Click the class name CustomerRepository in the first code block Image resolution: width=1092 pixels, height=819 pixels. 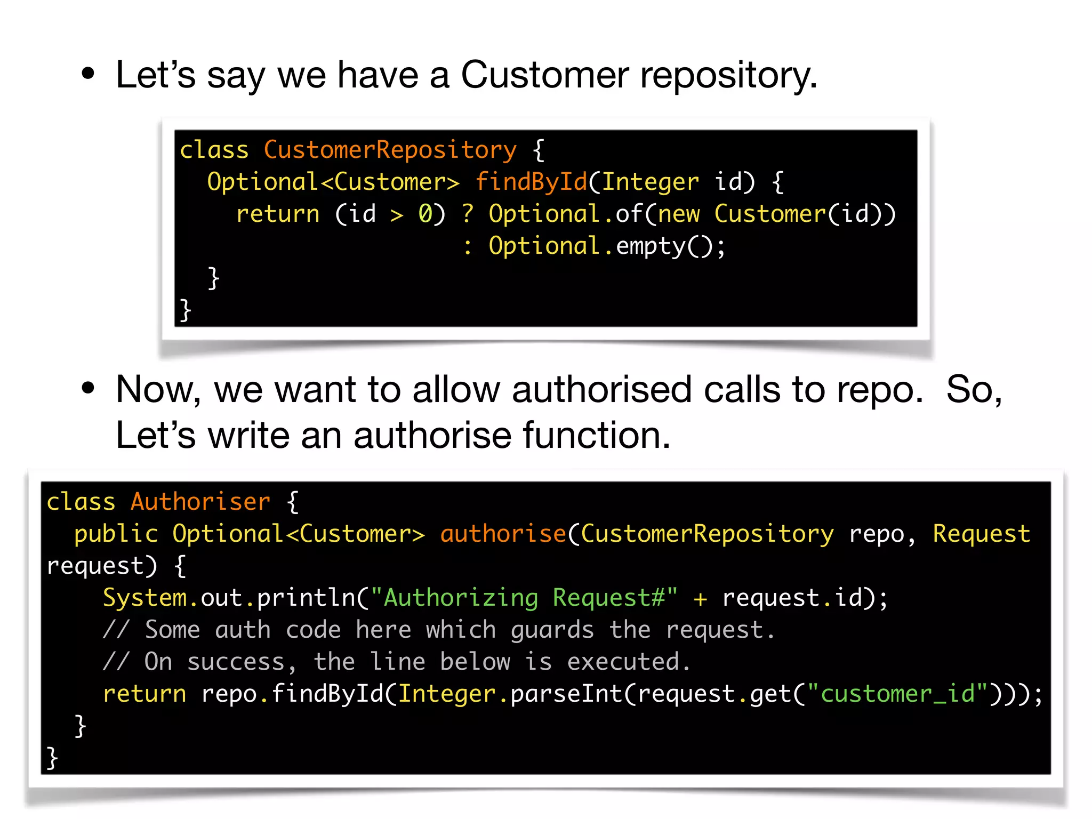[x=390, y=150]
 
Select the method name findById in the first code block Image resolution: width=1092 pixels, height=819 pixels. [x=531, y=182]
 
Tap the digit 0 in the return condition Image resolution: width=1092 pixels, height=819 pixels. [x=425, y=214]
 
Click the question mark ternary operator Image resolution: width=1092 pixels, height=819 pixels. [x=468, y=214]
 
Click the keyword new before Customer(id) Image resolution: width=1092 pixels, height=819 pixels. [x=678, y=214]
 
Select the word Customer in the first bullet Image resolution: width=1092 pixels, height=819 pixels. [x=544, y=75]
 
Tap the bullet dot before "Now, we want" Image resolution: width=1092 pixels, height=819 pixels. [x=88, y=389]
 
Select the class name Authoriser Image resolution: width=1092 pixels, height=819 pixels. [x=200, y=502]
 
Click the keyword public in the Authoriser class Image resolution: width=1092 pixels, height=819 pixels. [x=116, y=534]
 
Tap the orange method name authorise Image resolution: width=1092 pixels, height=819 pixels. [x=503, y=534]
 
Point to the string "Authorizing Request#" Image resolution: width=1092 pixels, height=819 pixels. [x=524, y=598]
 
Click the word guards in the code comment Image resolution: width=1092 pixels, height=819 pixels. [x=552, y=630]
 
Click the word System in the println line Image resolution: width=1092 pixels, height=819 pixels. [x=144, y=598]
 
